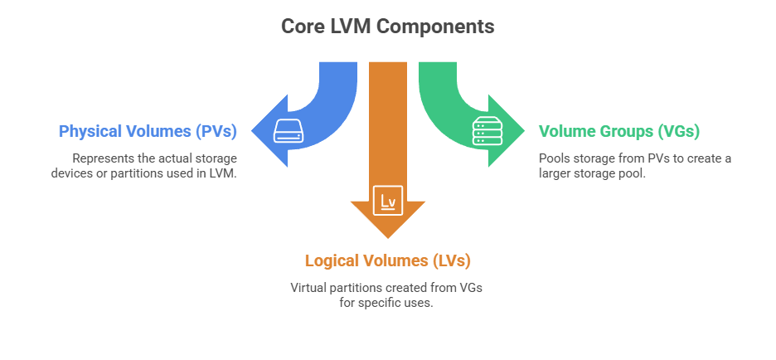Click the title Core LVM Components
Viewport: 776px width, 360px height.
(x=388, y=27)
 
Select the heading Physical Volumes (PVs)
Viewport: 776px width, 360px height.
(x=148, y=131)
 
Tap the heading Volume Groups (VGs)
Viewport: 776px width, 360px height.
(x=619, y=131)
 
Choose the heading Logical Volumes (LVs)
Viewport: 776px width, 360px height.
(x=388, y=260)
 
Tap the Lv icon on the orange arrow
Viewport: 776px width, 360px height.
(x=388, y=200)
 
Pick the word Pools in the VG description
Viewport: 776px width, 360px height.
(x=554, y=158)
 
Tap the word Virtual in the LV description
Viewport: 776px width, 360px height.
(x=308, y=287)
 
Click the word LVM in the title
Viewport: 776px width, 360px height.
(x=349, y=27)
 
